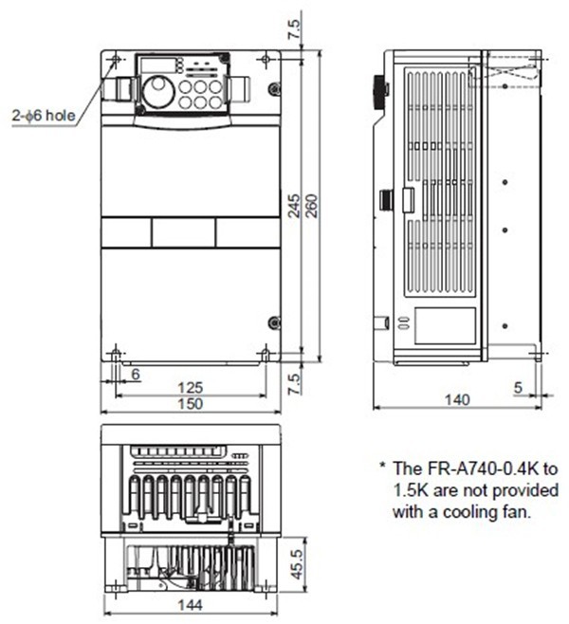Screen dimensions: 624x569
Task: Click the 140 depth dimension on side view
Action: (x=456, y=400)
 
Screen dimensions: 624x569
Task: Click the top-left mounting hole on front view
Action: (x=116, y=61)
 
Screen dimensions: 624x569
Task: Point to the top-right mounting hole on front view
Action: (x=265, y=61)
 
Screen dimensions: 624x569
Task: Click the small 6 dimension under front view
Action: (x=135, y=376)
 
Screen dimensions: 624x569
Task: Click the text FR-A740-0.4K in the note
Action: (x=485, y=468)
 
